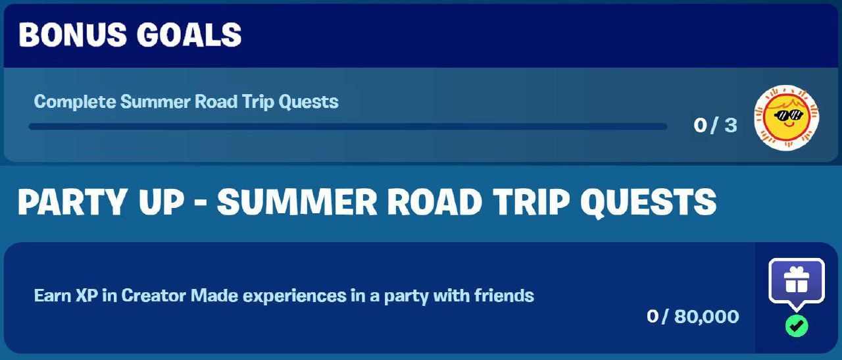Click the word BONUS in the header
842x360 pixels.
(73, 35)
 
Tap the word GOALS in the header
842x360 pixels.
(189, 35)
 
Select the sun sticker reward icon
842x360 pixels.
(787, 118)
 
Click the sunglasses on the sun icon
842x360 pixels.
(788, 115)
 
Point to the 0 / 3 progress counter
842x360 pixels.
(715, 125)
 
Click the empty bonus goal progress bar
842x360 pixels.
(348, 126)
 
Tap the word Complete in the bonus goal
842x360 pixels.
(75, 102)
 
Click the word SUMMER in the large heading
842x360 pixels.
(297, 202)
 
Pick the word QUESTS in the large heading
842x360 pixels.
(648, 203)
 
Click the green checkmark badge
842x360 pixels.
(797, 326)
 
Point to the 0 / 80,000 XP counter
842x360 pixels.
(693, 317)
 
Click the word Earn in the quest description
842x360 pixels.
(52, 296)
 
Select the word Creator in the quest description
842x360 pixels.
(154, 296)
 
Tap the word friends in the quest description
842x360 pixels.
(504, 296)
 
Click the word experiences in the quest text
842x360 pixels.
(294, 296)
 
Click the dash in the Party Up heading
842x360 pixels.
(201, 204)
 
